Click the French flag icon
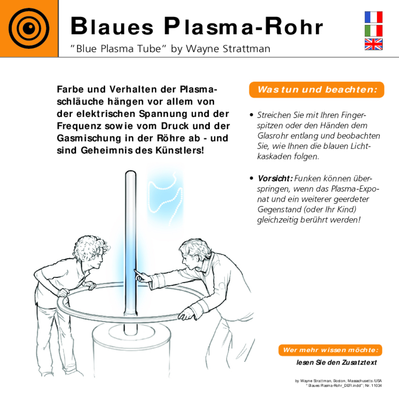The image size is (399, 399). [373, 17]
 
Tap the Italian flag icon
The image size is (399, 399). [373, 31]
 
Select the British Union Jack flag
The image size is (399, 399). [373, 44]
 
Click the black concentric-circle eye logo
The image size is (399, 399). [29, 28]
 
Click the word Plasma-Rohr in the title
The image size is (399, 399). [243, 26]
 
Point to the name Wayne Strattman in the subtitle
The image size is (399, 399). [228, 49]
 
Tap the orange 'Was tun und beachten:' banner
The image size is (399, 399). [317, 89]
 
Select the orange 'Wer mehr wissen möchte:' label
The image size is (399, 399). [330, 350]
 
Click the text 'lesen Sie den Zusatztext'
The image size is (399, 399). [336, 362]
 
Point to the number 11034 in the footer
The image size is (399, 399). [376, 385]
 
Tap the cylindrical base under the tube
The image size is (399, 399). [131, 351]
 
